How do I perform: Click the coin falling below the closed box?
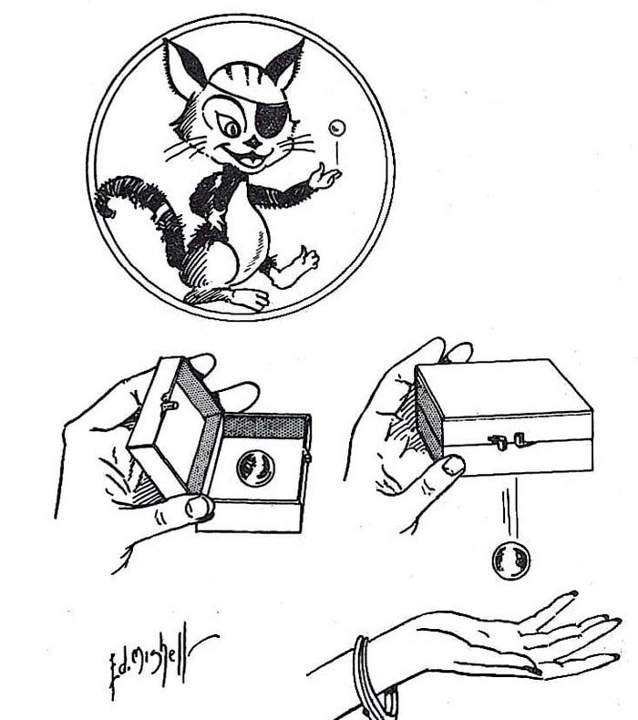pos(510,559)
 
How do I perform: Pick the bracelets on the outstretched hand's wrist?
pos(365,679)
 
